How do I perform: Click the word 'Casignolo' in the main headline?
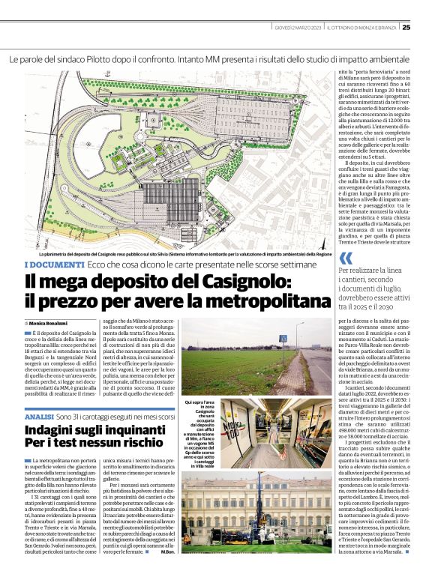(x=236, y=282)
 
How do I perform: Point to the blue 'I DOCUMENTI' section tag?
(x=54, y=265)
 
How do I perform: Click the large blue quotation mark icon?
(x=346, y=259)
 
